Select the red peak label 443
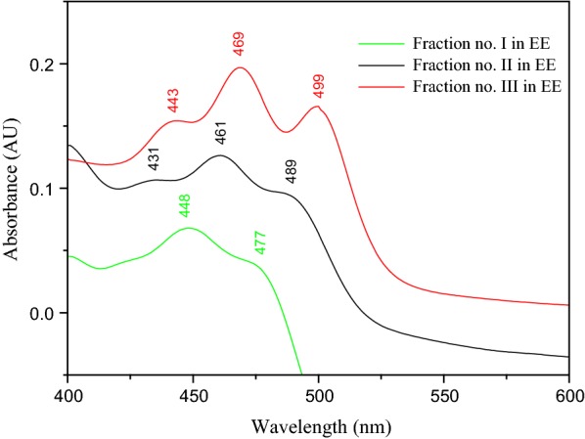tap(173, 101)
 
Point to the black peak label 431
tap(154, 159)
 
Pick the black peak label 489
tap(291, 171)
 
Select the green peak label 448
tap(184, 205)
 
